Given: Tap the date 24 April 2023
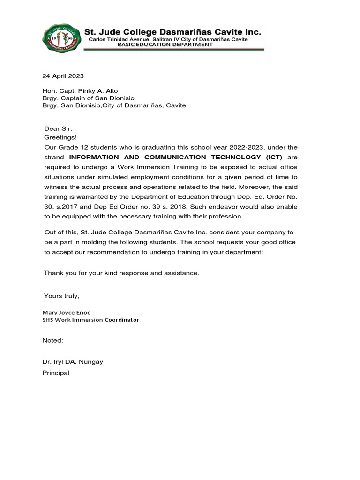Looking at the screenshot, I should pos(64,75).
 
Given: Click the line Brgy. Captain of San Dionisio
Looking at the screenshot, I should pos(88,98).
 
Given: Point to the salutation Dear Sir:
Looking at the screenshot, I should pos(59,128).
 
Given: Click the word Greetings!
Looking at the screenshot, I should pos(60,137).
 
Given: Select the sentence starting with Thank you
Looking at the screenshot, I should pos(121,273).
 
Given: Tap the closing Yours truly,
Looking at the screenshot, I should pos(61,296).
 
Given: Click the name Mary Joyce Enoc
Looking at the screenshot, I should pos(66,312).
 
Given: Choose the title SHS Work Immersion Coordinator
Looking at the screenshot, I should pos(90,320).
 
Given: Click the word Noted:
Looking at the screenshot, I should pos(52,340).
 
